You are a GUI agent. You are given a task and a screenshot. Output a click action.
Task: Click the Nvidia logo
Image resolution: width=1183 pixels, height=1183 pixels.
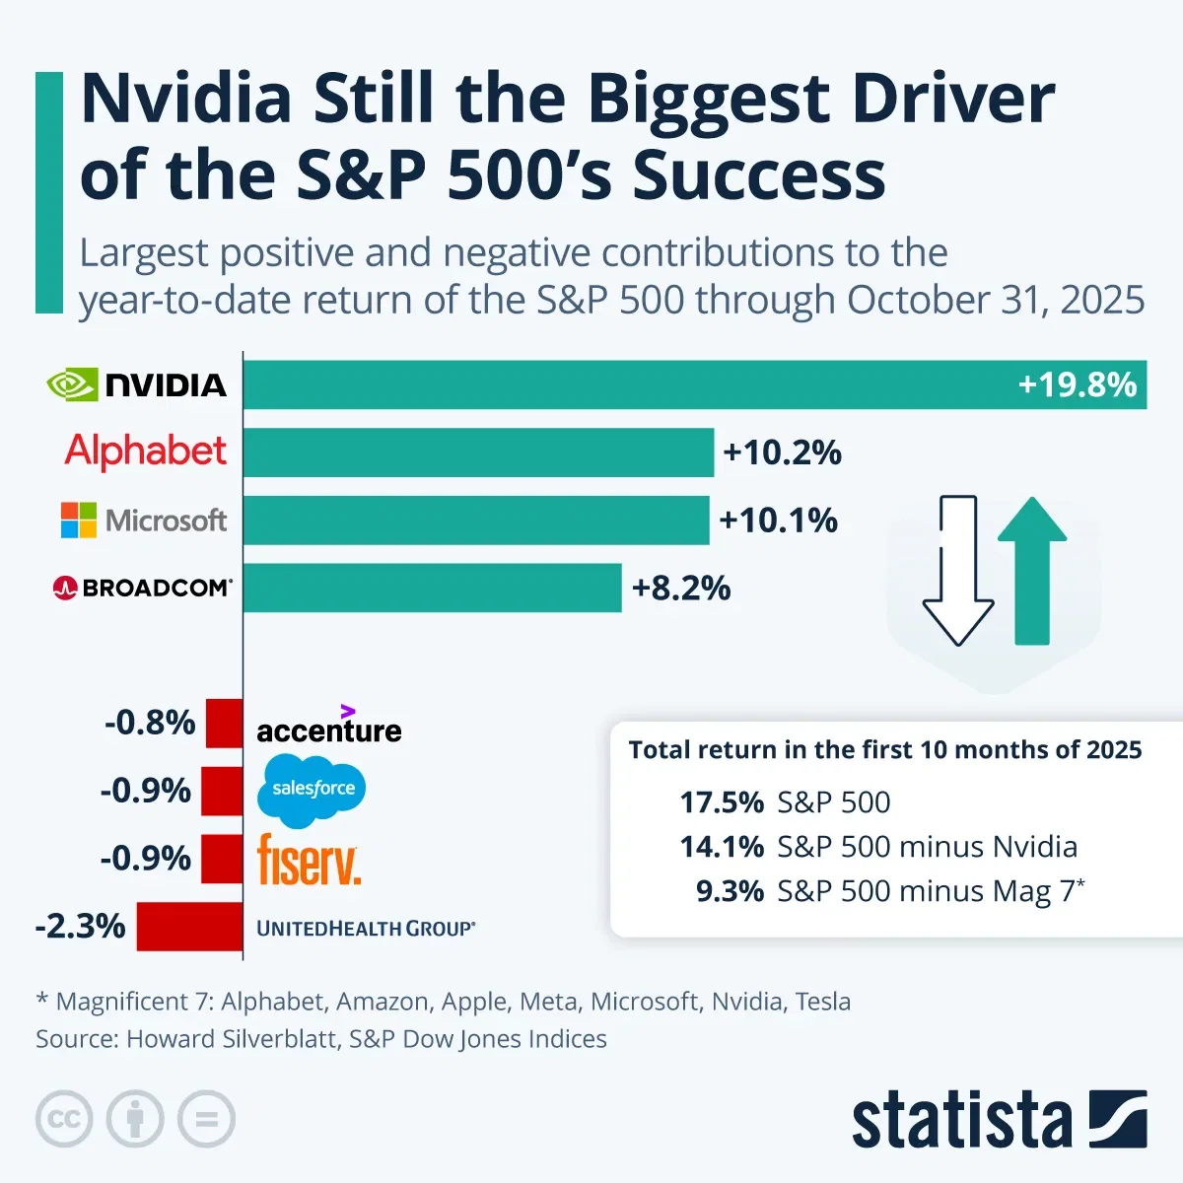point(137,384)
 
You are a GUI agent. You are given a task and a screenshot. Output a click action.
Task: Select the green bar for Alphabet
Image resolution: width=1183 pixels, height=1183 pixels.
point(478,452)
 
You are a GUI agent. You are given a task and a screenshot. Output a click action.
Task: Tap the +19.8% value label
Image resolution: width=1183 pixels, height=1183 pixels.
point(1077,384)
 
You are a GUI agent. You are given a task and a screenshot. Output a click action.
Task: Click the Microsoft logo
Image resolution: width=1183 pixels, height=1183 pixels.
point(144,521)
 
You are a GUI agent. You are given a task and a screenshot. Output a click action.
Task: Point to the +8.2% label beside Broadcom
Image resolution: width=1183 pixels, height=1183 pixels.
point(681,589)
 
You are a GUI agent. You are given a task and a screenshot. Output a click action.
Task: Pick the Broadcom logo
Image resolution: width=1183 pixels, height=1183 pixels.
point(142,589)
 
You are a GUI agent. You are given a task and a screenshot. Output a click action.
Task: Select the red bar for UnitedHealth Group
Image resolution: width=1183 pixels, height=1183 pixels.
point(189,927)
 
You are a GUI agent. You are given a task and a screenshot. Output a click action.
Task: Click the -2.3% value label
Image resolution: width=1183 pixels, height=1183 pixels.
point(81,927)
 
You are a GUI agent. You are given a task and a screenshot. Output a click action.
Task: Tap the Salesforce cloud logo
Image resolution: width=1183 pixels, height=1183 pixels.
point(313,790)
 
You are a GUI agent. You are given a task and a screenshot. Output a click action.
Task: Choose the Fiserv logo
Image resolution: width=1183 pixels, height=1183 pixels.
point(309,859)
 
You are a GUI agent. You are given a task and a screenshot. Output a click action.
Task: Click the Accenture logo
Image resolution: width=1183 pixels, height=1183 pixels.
point(329,728)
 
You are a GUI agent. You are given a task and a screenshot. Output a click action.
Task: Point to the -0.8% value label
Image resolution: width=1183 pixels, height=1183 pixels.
point(150,723)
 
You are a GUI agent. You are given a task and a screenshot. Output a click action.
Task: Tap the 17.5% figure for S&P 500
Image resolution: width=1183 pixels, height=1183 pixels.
point(722,802)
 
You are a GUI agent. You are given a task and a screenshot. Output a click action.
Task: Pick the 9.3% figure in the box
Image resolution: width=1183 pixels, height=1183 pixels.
point(730,891)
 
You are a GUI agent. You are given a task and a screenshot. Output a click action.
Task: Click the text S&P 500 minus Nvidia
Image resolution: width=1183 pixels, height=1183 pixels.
point(927,847)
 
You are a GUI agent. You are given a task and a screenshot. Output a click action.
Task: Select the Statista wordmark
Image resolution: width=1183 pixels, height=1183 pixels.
point(961,1121)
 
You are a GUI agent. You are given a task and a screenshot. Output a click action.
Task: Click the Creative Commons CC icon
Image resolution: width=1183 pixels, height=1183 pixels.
point(64,1120)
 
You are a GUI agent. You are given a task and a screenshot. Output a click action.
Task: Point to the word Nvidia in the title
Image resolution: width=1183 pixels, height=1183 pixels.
point(186,100)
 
